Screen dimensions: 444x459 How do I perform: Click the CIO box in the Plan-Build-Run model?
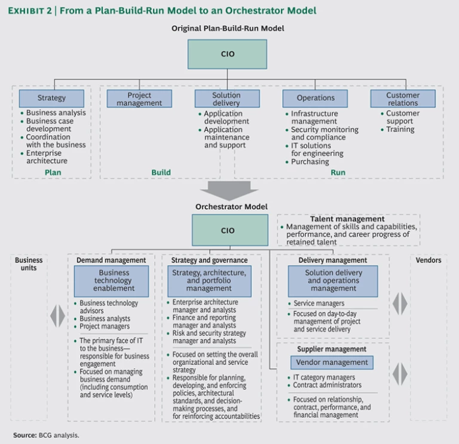coord(227,54)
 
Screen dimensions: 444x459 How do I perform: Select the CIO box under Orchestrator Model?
coord(229,230)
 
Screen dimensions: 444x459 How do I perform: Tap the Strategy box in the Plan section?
coord(51,98)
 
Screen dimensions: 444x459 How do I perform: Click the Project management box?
coord(139,99)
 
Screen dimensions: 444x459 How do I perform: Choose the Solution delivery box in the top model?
coord(227,99)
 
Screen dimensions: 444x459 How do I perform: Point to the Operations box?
coord(316,98)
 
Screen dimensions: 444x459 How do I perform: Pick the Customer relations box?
coord(403,99)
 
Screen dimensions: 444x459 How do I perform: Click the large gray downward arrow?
coord(229,190)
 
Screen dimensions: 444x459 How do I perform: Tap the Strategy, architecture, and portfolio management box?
coord(209,280)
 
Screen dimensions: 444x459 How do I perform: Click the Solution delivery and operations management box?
coord(333,280)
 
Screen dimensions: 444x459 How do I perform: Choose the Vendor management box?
coord(332,362)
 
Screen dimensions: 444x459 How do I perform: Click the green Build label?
coord(160,173)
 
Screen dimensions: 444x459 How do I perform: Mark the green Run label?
coord(337,173)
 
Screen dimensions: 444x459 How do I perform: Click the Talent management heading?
coord(347,219)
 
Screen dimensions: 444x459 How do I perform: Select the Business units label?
coord(29,264)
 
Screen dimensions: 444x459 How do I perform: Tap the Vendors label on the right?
coord(428,261)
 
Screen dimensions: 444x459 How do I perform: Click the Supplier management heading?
coord(332,349)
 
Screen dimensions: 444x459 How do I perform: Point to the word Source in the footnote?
coord(25,435)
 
